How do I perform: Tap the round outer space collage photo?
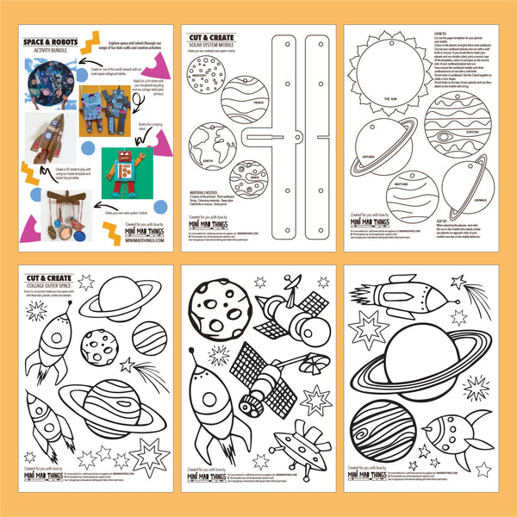55,84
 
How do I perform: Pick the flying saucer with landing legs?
299,439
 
